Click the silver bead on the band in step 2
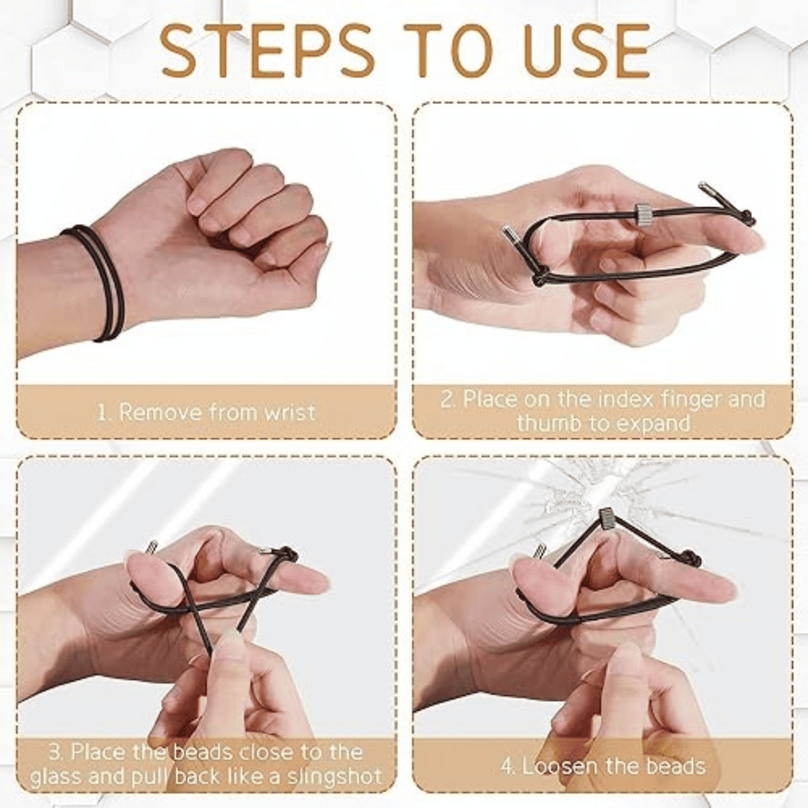644,215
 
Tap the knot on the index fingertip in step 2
745,218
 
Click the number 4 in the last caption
507,765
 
